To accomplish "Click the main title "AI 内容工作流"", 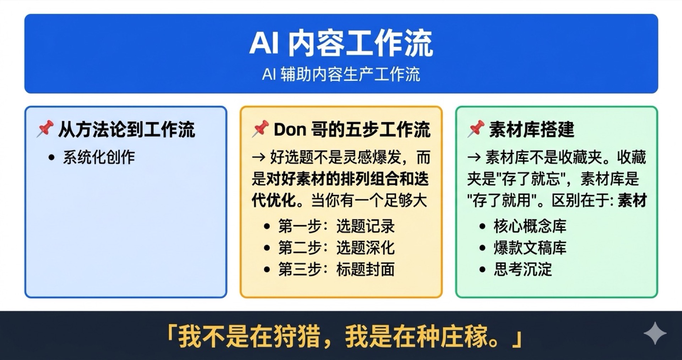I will click(341, 43).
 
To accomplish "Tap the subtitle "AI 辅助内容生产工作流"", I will click(341, 75).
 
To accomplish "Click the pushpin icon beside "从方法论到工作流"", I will click(45, 129).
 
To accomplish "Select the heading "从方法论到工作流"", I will click(126, 129).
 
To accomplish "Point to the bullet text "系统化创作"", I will click(99, 157).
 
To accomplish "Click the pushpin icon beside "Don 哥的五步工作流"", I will click(260, 129).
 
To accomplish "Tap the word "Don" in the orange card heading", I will click(290, 130).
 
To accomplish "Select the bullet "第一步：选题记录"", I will click(336, 226).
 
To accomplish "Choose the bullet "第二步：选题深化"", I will click(336, 247).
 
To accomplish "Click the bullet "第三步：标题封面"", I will click(336, 269).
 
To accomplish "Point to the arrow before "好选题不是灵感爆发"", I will click(259, 157).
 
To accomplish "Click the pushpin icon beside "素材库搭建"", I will click(476, 129).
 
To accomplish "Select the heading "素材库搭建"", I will click(531, 129).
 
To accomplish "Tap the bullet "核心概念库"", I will click(530, 226).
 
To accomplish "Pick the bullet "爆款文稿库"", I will click(530, 247).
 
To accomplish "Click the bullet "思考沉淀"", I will click(523, 269).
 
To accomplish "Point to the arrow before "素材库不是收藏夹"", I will click(474, 157).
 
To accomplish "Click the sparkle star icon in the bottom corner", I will click(655, 333).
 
